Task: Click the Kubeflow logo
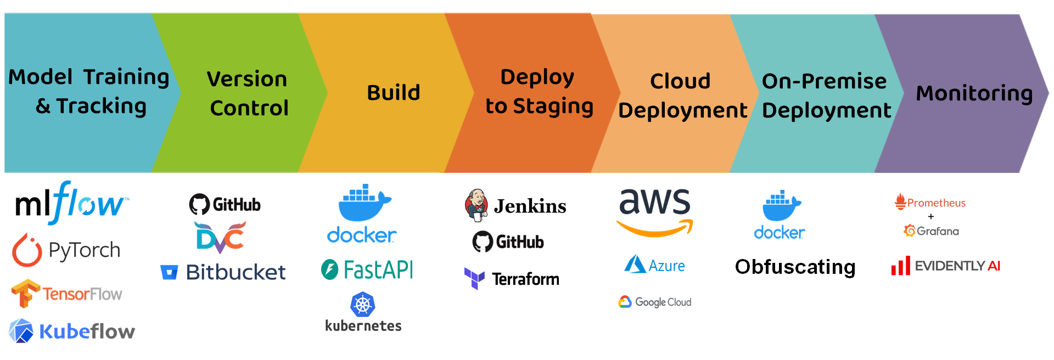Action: (71, 331)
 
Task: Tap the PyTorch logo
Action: (66, 250)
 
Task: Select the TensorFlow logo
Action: (67, 294)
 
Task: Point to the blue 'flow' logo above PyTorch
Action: (88, 204)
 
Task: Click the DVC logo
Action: (220, 237)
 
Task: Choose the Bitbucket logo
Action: (223, 272)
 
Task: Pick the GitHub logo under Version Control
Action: (225, 205)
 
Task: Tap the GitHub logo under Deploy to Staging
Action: (508, 241)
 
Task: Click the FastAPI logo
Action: (367, 269)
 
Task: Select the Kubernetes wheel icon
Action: (363, 305)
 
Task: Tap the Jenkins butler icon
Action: (476, 205)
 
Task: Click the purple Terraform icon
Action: (475, 278)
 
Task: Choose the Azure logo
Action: (654, 265)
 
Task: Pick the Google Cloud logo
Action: (654, 302)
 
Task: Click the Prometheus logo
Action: (930, 203)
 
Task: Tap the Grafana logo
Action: (931, 231)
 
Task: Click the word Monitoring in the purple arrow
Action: (974, 93)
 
